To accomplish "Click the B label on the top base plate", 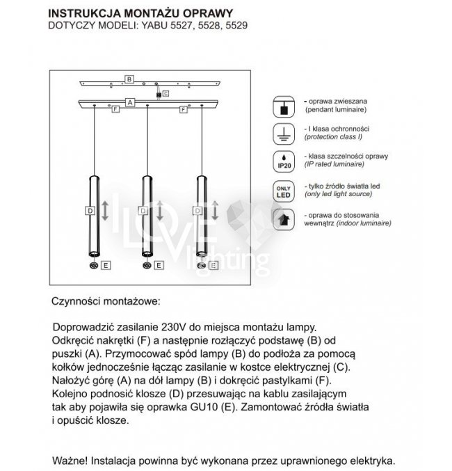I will pyautogui.click(x=129, y=79).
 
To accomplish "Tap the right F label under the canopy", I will pyautogui.click(x=184, y=109).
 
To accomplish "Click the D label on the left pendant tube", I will pyautogui.click(x=89, y=210).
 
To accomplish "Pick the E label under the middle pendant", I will pyautogui.click(x=159, y=265).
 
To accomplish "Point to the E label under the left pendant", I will pyautogui.click(x=106, y=265).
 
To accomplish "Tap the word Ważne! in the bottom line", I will pyautogui.click(x=72, y=461).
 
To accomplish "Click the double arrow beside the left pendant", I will pyautogui.click(x=105, y=210).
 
